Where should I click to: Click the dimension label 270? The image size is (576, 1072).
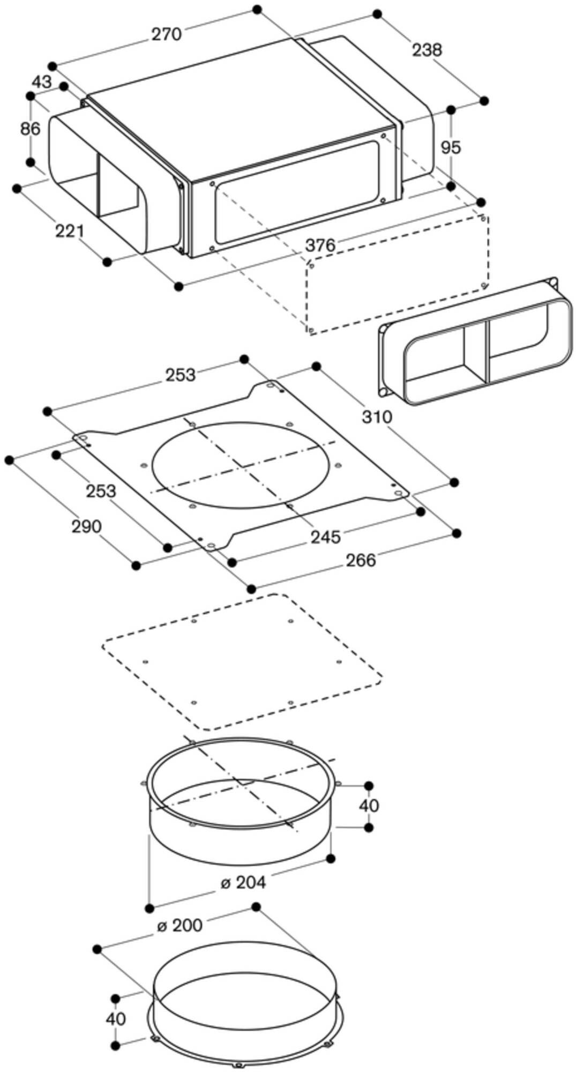pos(166,34)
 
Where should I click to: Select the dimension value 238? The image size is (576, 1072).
pos(427,50)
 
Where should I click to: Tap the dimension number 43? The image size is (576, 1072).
pos(42,82)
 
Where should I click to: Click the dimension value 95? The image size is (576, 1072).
pos(450,147)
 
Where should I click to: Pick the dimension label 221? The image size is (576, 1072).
pos(70,232)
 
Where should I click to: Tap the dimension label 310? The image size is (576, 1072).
pos(377,416)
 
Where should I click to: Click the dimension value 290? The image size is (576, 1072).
pos(86,527)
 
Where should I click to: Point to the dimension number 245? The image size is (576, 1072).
pos(325,537)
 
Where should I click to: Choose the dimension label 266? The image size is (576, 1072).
pos(360,560)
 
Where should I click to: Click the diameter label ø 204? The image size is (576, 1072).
pos(243,882)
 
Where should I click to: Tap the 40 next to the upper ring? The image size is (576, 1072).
pos(368,806)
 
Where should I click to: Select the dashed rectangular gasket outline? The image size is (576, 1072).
pos(241,662)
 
